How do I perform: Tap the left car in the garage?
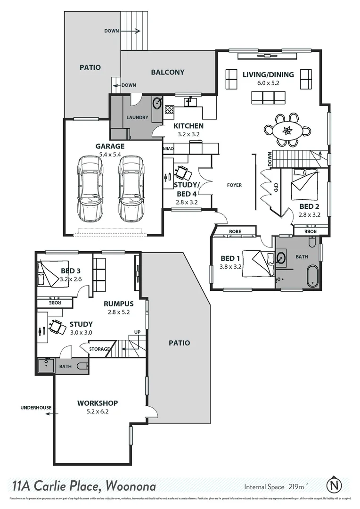[x=90, y=189]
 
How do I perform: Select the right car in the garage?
[x=130, y=189]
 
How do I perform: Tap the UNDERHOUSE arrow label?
[x=36, y=408]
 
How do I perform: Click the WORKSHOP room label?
[x=98, y=403]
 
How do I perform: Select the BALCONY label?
[x=167, y=72]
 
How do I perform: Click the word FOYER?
[x=234, y=185]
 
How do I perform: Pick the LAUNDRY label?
[x=138, y=117]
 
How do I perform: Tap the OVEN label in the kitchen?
[x=169, y=149]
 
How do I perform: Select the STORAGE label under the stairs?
[x=99, y=349]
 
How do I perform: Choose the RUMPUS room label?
[x=119, y=304]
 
